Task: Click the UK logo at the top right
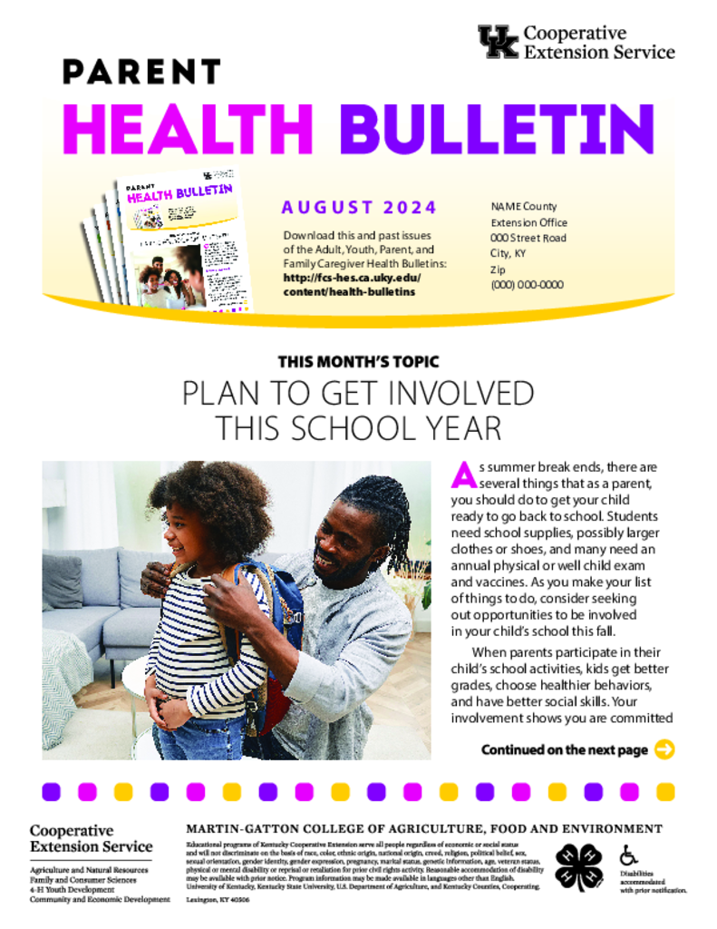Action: pos(498,42)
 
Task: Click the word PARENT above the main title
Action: pos(141,72)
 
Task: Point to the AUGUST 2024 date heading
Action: pos(359,207)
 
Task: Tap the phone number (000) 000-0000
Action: pos(527,284)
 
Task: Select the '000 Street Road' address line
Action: pos(528,238)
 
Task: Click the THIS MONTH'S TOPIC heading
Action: pos(358,361)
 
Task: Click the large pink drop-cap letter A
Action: pos(463,473)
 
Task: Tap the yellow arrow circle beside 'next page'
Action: pos(664,749)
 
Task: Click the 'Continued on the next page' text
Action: pos(564,750)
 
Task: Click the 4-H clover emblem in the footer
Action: pos(578,866)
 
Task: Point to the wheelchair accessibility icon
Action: pos(628,855)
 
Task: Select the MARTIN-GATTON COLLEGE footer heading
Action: pos(423,828)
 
